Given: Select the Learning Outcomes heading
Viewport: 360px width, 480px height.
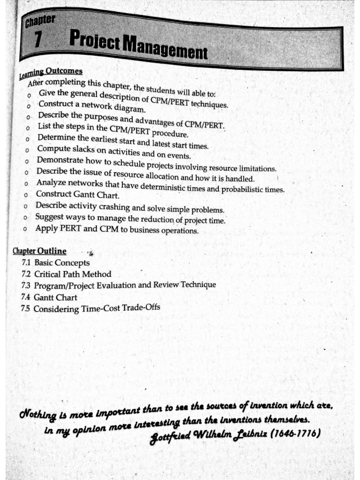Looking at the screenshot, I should point(51,73).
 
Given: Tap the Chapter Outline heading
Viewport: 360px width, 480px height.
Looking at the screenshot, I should point(39,251).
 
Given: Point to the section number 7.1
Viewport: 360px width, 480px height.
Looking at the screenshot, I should point(26,262).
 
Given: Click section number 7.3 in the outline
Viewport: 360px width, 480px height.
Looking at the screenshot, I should point(26,285).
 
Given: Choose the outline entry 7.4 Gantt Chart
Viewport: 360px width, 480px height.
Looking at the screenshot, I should point(49,297).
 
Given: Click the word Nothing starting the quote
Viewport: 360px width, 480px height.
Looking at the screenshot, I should point(36,413).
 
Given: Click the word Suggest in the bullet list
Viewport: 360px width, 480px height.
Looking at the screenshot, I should point(51,217).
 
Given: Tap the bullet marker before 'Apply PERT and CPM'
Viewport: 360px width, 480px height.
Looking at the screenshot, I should point(28,230).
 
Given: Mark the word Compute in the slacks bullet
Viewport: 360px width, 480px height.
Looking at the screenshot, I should point(52,149).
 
